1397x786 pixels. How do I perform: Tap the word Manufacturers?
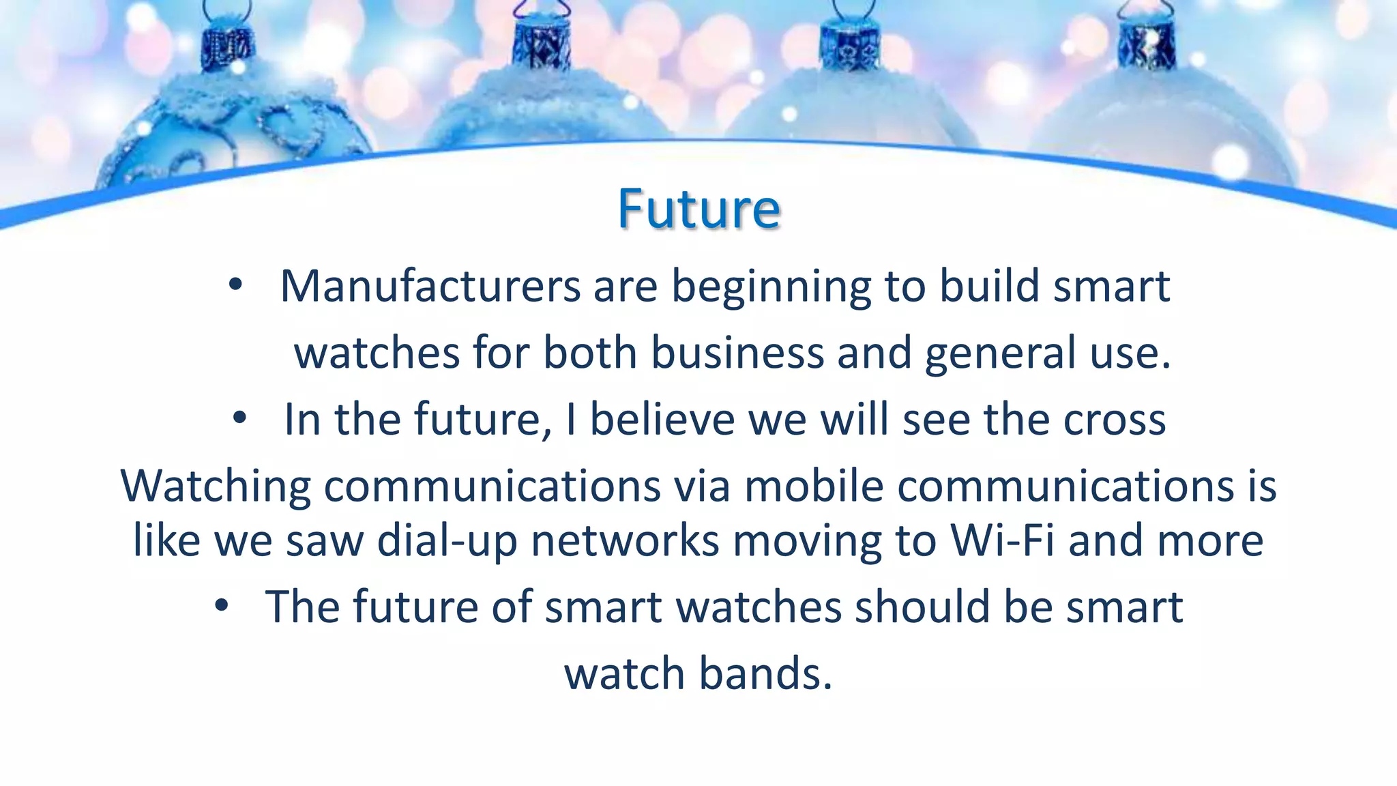pos(430,286)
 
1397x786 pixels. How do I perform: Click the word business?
pos(737,353)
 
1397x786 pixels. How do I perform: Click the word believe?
pos(662,419)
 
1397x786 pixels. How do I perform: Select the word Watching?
pos(216,487)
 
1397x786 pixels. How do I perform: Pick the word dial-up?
pos(447,542)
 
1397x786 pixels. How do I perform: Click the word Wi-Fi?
pos(1002,540)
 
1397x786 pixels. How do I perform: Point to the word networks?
pos(625,540)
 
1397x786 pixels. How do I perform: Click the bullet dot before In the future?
pos(239,420)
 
